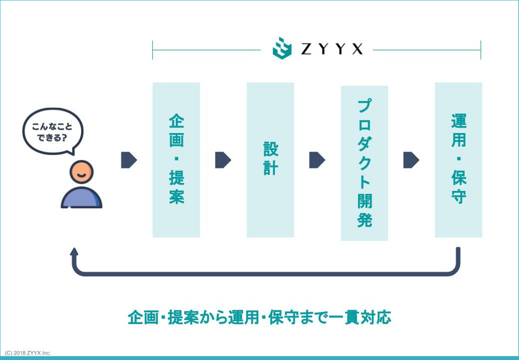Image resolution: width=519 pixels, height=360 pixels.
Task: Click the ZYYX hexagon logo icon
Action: pyautogui.click(x=282, y=48)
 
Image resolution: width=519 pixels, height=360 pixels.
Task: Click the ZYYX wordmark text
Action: pyautogui.click(x=332, y=49)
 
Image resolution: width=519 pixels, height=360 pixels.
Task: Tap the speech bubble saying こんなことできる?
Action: pyautogui.click(x=53, y=132)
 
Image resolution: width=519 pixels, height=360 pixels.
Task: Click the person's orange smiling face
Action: pyautogui.click(x=82, y=172)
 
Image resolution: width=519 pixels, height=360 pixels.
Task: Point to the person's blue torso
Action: pyautogui.click(x=81, y=198)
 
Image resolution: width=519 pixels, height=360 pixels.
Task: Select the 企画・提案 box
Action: pyautogui.click(x=176, y=160)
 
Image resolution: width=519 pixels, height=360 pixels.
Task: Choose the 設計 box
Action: pyautogui.click(x=270, y=160)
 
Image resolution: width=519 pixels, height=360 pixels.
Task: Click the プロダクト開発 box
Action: pyautogui.click(x=364, y=163)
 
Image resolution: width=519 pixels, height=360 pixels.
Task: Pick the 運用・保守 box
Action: pyautogui.click(x=458, y=160)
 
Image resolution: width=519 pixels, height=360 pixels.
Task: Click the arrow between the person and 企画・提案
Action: pyautogui.click(x=129, y=160)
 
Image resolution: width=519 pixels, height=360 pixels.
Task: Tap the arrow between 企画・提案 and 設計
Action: pyautogui.click(x=223, y=160)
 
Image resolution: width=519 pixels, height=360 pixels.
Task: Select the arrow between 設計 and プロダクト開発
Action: pyautogui.click(x=317, y=160)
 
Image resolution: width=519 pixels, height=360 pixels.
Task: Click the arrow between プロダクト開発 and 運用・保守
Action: pyautogui.click(x=411, y=160)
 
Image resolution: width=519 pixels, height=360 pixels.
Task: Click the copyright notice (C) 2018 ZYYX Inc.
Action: pyautogui.click(x=28, y=353)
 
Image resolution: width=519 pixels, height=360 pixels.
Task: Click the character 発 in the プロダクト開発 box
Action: pyautogui.click(x=364, y=220)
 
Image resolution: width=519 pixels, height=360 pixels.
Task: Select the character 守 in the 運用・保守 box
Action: pyautogui.click(x=458, y=197)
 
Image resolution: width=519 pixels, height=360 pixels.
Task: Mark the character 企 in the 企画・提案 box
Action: pyautogui.click(x=177, y=121)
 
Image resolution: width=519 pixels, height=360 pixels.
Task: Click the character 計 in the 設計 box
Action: pyautogui.click(x=270, y=168)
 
